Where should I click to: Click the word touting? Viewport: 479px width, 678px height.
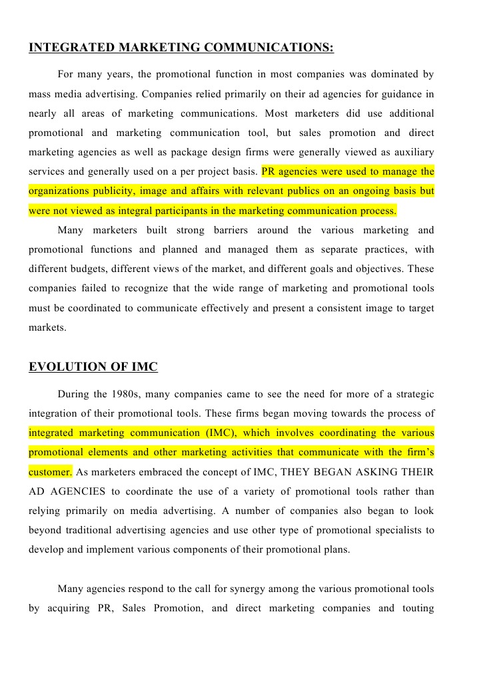coord(416,608)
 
